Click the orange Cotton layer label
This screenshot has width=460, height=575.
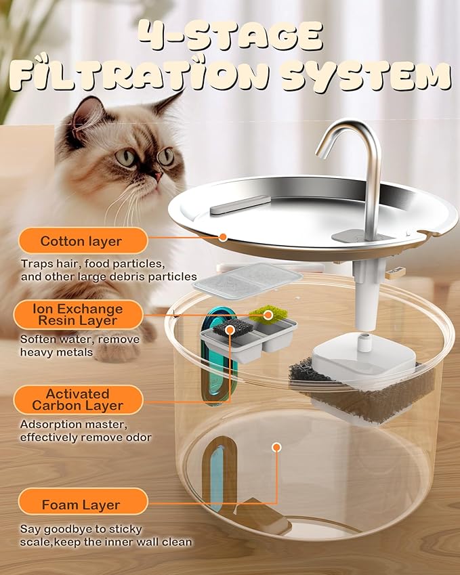(81, 241)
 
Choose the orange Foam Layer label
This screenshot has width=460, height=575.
(81, 505)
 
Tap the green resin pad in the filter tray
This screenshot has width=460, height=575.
(268, 314)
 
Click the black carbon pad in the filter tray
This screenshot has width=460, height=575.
(230, 328)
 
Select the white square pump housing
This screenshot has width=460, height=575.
(362, 356)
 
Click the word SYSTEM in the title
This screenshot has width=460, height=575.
(366, 76)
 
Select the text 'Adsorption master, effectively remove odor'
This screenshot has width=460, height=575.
(85, 431)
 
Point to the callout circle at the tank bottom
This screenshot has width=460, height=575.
(276, 447)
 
